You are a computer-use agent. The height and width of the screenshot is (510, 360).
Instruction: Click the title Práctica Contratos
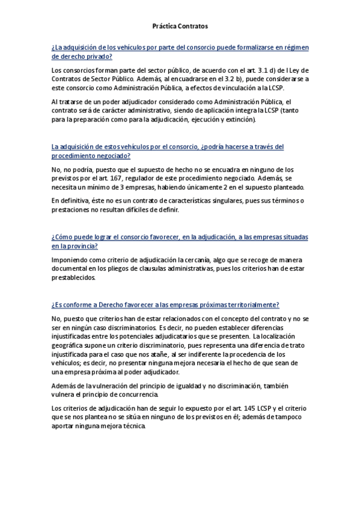tap(180, 26)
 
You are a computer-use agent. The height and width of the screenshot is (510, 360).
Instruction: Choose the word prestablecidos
tap(74, 278)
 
